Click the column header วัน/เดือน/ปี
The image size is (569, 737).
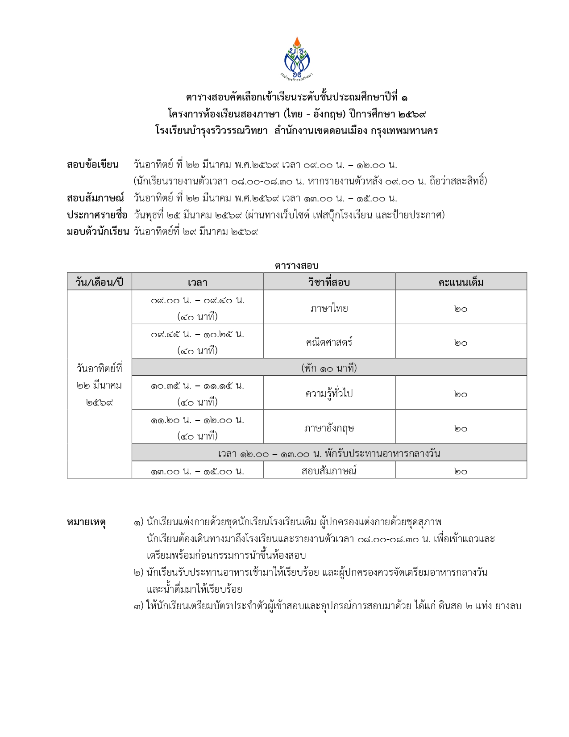point(99,282)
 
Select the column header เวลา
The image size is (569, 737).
point(197,282)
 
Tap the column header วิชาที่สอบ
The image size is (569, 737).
point(329,282)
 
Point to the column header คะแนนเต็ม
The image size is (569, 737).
point(461,282)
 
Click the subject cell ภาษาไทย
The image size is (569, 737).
point(329,308)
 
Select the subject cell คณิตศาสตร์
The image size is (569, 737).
point(329,342)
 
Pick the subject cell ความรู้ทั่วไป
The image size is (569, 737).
point(329,393)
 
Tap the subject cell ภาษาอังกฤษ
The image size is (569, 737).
point(329,427)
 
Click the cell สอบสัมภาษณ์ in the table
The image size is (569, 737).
point(329,470)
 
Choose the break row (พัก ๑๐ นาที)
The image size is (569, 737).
point(329,368)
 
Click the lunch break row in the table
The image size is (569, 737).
point(329,453)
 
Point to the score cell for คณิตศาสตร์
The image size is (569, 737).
point(461,343)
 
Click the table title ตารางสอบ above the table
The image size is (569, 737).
point(296,265)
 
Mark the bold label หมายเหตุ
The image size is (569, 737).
point(86,522)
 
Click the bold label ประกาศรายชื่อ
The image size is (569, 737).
point(97,215)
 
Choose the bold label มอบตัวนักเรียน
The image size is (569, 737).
point(98,231)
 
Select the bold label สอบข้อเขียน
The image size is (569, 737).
point(93,164)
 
